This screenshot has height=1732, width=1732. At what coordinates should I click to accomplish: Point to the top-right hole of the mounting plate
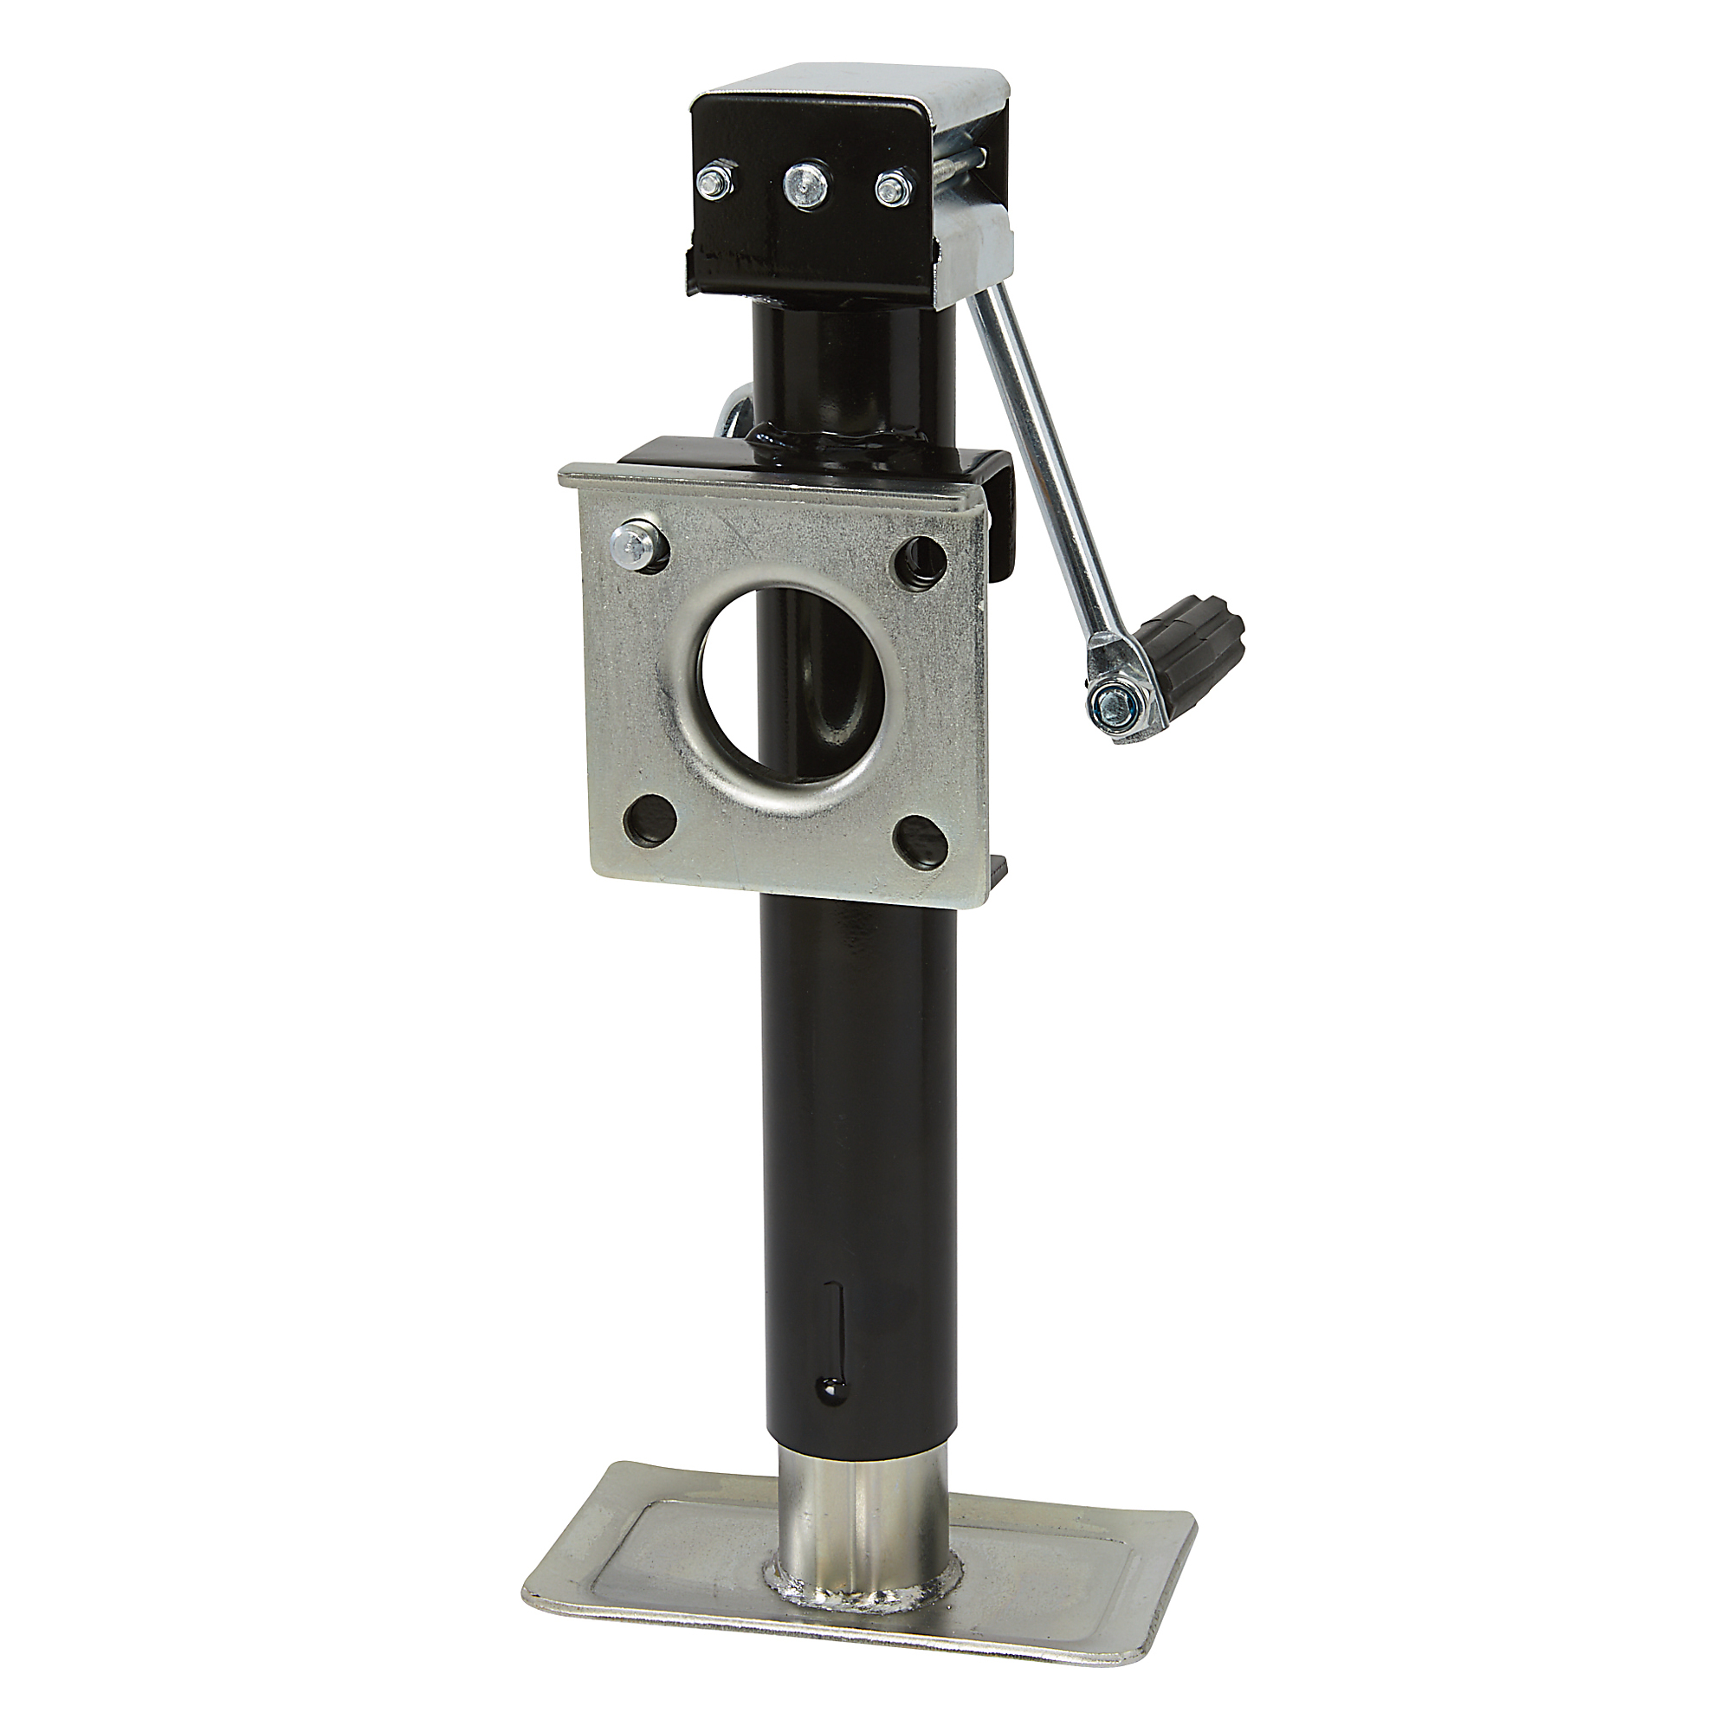(x=921, y=560)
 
